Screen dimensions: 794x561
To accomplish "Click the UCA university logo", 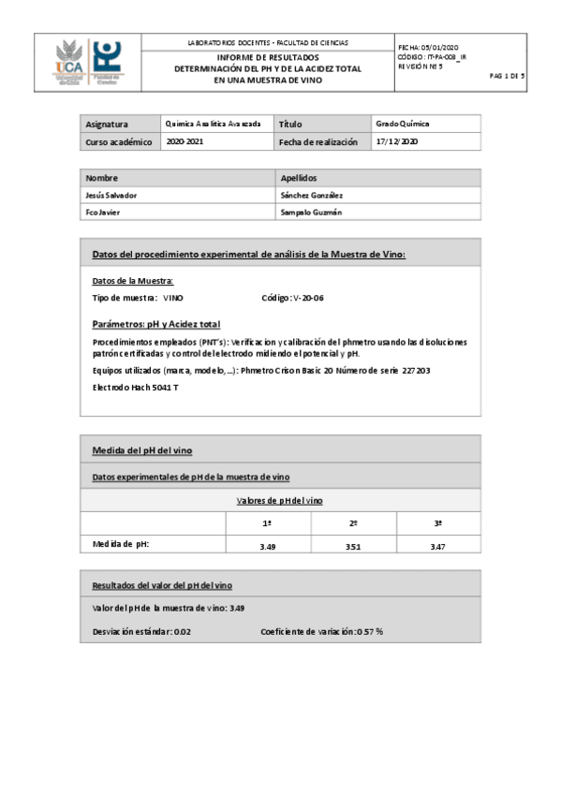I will click(70, 64).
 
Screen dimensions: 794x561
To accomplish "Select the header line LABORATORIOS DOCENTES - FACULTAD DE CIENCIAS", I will click(267, 43).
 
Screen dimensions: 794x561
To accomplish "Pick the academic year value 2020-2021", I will click(184, 141).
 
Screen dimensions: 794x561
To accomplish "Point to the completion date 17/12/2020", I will click(396, 141).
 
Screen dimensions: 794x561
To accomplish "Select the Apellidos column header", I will click(300, 177).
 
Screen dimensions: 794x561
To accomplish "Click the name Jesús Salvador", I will click(111, 195).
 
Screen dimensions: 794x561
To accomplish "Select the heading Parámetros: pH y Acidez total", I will click(156, 324).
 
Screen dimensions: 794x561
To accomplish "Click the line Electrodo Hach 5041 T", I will click(135, 387).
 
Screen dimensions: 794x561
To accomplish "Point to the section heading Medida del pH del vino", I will click(141, 450).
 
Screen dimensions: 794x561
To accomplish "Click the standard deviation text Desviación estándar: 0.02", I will click(141, 631).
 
